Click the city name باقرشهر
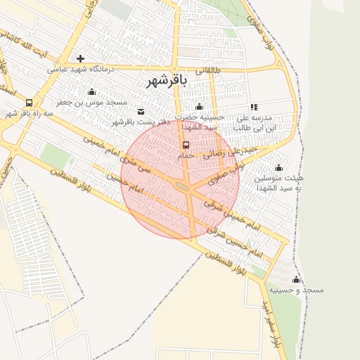point(166,80)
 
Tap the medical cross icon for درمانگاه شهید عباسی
point(81,58)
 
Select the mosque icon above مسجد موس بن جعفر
point(91,92)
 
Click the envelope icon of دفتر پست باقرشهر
point(141,111)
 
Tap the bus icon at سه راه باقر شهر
point(29,103)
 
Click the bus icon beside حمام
point(185,144)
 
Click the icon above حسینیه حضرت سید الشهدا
point(199,106)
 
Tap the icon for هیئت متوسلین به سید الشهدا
point(278,167)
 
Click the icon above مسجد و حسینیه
point(296,279)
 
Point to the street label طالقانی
point(208,70)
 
